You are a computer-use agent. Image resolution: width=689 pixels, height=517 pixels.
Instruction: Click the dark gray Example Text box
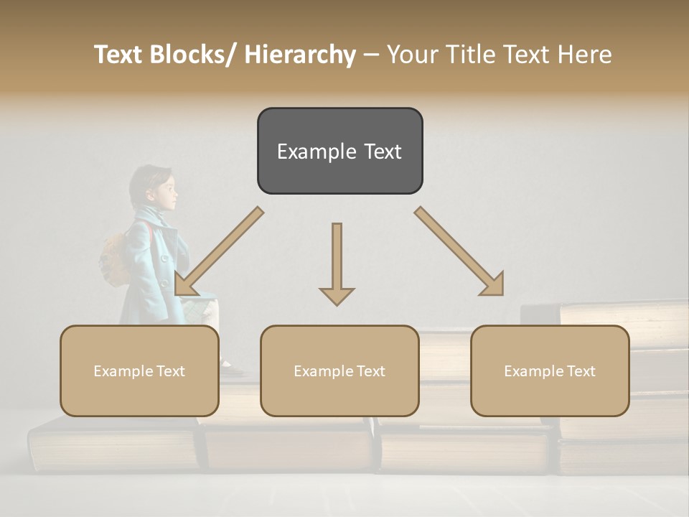click(x=339, y=151)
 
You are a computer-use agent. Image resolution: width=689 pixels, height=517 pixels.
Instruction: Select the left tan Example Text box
click(x=139, y=371)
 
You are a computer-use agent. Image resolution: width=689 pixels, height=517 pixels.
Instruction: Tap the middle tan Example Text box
click(x=339, y=371)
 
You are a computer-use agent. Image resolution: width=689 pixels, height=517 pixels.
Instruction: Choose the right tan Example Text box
click(x=550, y=371)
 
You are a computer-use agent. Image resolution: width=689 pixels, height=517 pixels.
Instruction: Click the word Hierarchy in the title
click(x=300, y=55)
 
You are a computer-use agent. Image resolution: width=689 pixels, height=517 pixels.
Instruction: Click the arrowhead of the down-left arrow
click(x=183, y=287)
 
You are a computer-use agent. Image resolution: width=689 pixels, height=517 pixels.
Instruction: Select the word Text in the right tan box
click(x=581, y=371)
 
